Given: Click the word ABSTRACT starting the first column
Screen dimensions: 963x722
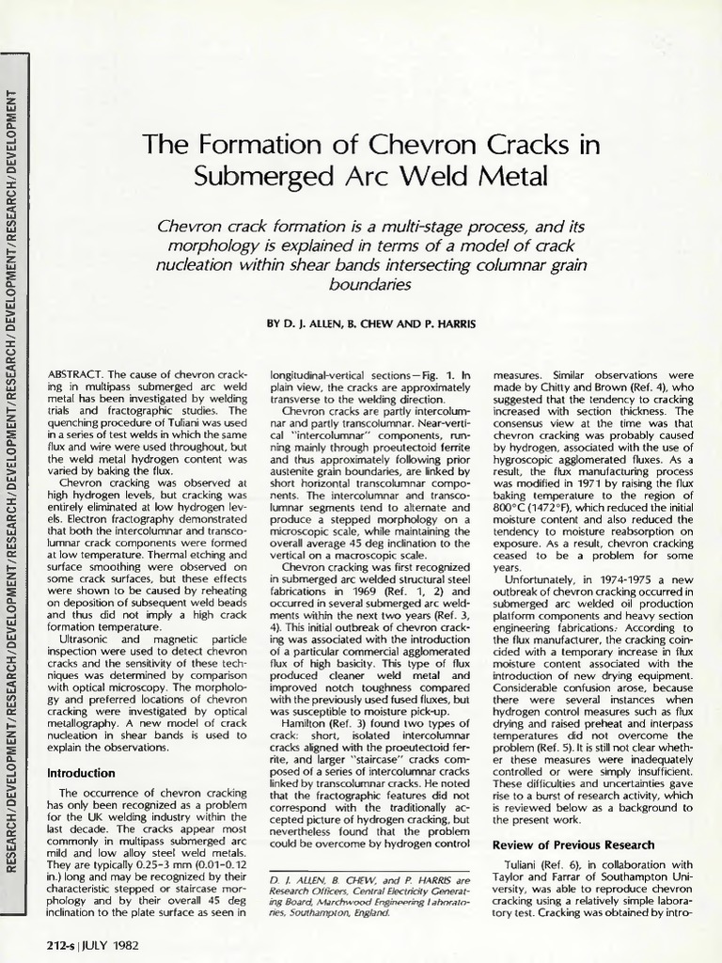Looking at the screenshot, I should coord(76,374).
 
